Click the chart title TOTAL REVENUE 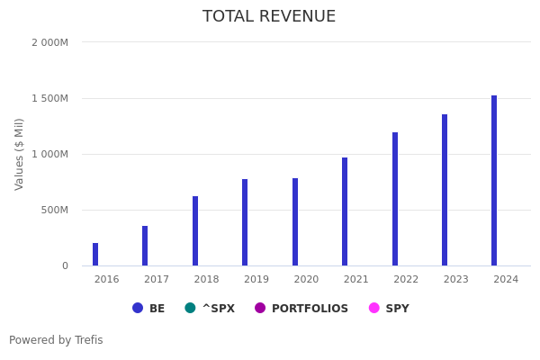click(x=269, y=17)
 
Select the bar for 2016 click(x=95, y=255)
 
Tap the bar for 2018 click(x=195, y=231)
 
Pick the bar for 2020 click(x=295, y=222)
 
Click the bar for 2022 click(x=395, y=199)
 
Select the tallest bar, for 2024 click(x=494, y=181)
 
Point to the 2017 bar click(x=145, y=246)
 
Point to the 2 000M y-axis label click(x=49, y=42)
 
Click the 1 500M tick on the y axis click(x=49, y=98)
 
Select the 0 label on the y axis click(x=65, y=265)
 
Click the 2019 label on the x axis click(x=256, y=280)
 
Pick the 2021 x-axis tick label click(x=356, y=280)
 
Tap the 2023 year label click(x=456, y=280)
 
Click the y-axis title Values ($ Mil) click(x=20, y=154)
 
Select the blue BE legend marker click(x=138, y=308)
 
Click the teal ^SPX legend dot click(x=190, y=308)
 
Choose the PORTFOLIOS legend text click(x=310, y=309)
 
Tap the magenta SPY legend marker click(x=374, y=308)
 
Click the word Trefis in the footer click(x=88, y=340)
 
